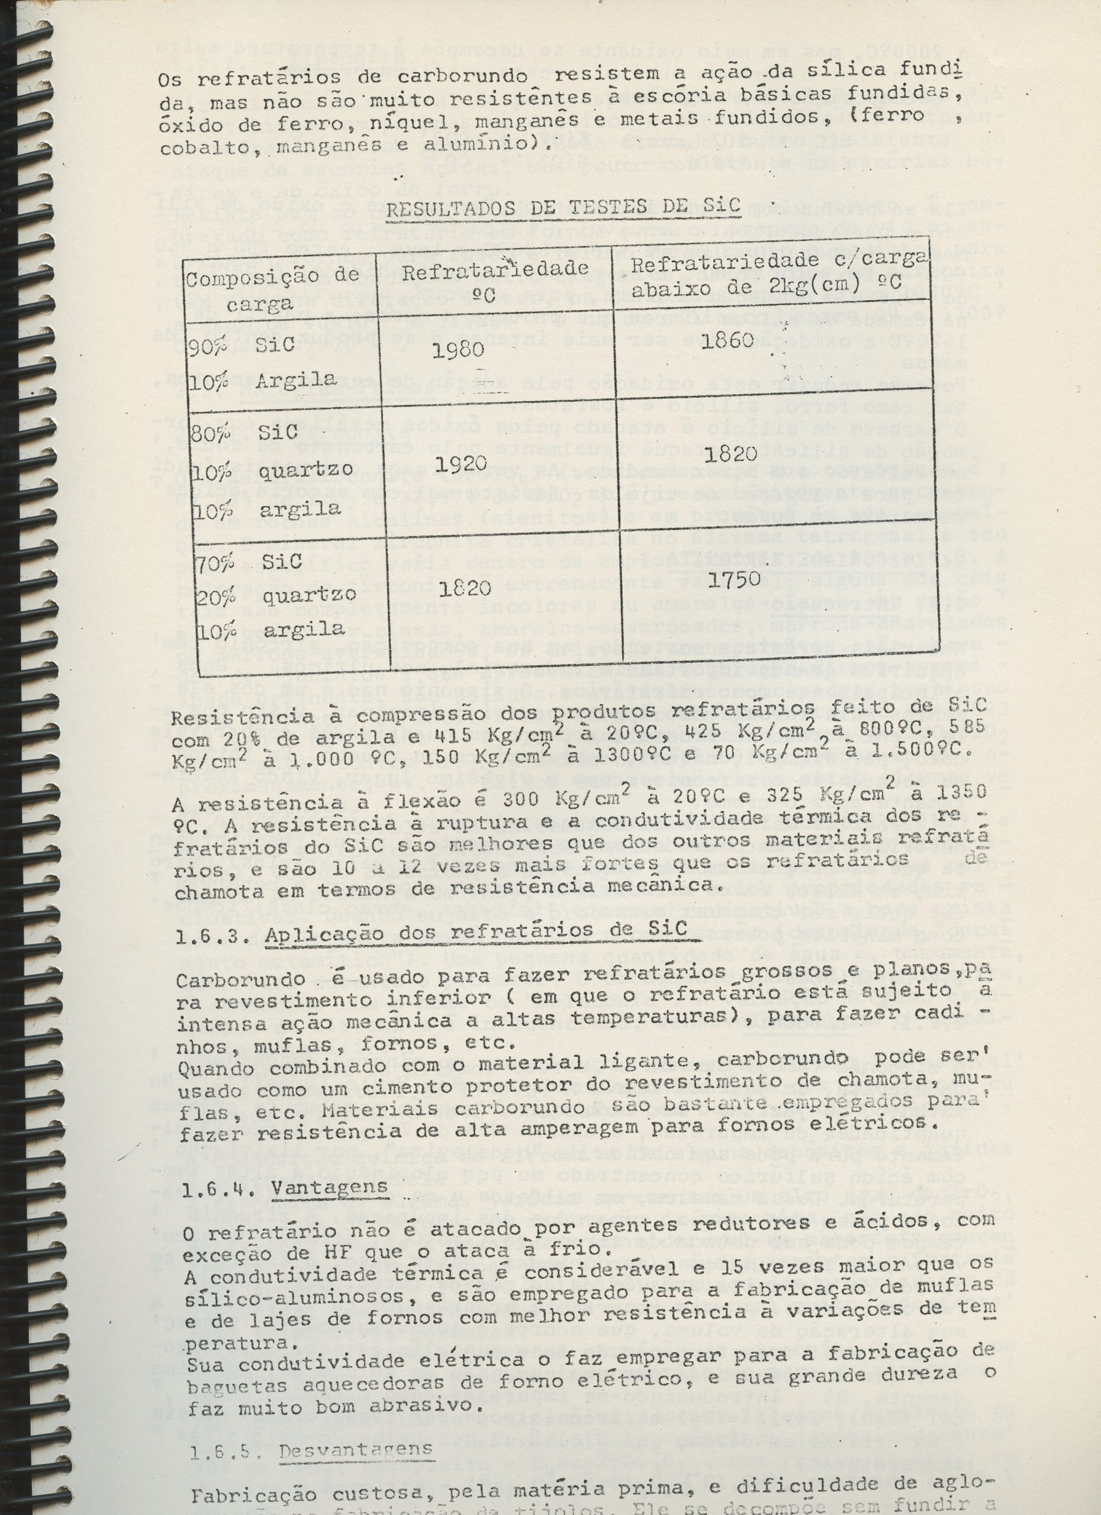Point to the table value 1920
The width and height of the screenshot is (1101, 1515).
coord(462,466)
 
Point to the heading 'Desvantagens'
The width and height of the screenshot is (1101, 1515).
coord(355,1445)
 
